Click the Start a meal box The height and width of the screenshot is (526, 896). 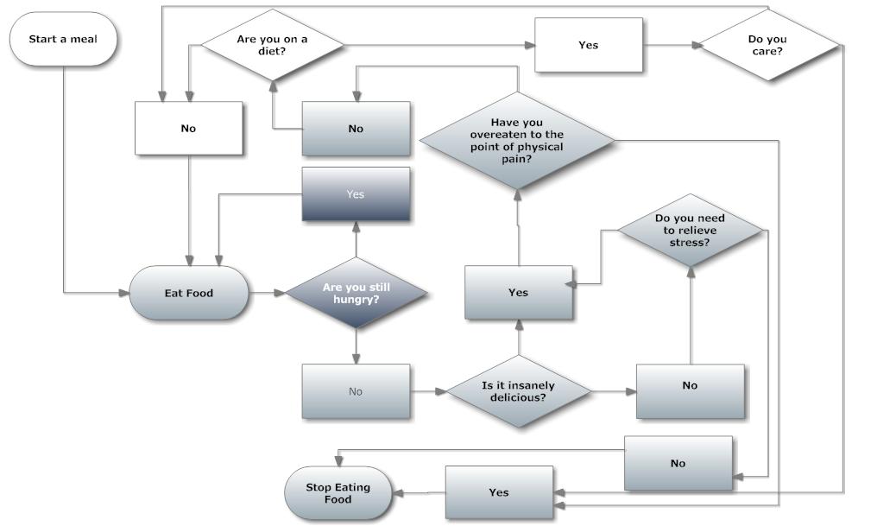(x=63, y=40)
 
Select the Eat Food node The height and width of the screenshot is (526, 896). (x=188, y=294)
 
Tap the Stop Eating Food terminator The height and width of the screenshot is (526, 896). (x=338, y=493)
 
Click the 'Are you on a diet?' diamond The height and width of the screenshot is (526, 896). (x=273, y=45)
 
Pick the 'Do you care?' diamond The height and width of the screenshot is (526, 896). (x=767, y=45)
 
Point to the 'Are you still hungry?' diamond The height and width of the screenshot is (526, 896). (x=356, y=294)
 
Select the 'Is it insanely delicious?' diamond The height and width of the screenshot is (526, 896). (x=518, y=392)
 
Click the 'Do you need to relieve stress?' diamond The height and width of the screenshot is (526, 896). (x=690, y=231)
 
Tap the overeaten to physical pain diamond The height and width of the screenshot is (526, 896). (x=516, y=140)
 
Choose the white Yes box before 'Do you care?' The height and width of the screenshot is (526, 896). (x=588, y=45)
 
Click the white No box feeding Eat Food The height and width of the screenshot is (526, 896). (x=188, y=129)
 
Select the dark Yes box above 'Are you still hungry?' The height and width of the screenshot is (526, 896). (x=356, y=194)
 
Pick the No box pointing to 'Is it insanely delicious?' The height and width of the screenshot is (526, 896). (x=356, y=392)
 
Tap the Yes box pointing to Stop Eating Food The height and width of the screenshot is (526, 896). (x=498, y=493)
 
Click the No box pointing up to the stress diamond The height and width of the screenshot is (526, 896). (x=690, y=386)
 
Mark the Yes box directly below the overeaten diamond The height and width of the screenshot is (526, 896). (x=518, y=293)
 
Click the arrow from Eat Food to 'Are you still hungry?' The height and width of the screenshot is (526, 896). (x=267, y=294)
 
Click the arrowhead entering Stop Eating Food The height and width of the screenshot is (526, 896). (x=398, y=493)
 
